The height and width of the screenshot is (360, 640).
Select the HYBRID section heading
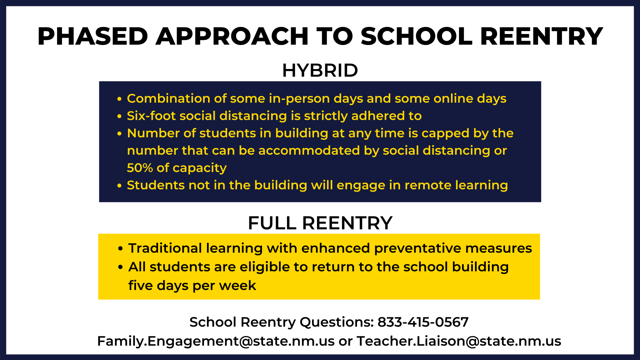click(x=320, y=70)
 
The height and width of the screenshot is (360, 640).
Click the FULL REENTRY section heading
click(x=320, y=223)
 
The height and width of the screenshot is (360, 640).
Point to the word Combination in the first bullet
click(x=169, y=98)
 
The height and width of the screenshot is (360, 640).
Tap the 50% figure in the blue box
click(x=140, y=168)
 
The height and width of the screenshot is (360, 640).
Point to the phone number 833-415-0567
click(x=423, y=322)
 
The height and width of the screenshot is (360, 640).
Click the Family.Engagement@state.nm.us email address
click(x=216, y=341)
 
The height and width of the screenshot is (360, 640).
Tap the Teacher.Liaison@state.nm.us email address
click(x=459, y=341)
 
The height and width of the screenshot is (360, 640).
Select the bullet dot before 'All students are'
click(x=121, y=267)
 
